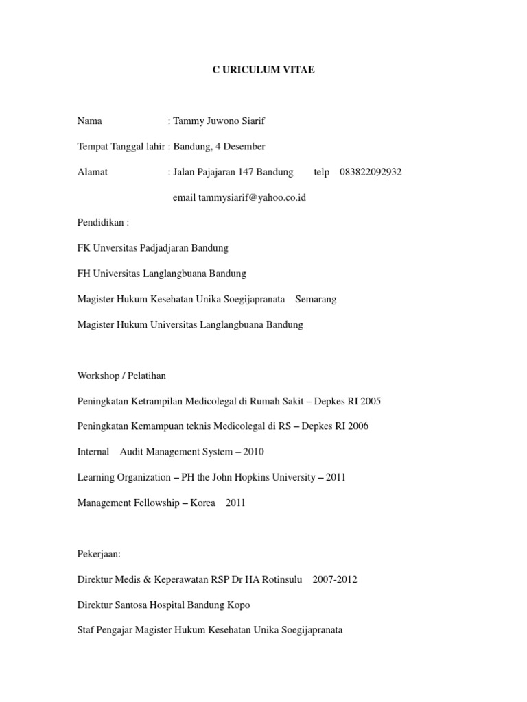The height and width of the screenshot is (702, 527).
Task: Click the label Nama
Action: coord(90,121)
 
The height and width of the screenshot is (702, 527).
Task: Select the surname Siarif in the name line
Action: coord(250,121)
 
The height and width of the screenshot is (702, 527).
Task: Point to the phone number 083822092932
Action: coord(371,172)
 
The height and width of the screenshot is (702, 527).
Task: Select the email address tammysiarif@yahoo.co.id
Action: coord(252,197)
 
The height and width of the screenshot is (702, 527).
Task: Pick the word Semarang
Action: coord(316,299)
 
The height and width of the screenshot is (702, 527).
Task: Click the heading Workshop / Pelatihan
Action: coord(121,376)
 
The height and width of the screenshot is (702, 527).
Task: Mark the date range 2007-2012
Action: coord(335,579)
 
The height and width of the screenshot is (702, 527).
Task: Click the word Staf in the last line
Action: coord(87,630)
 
